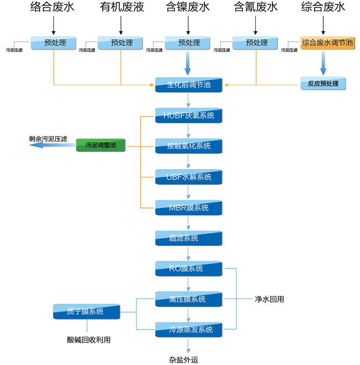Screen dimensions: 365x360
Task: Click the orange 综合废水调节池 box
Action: pyautogui.click(x=327, y=43)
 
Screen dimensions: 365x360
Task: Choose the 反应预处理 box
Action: pyautogui.click(x=323, y=84)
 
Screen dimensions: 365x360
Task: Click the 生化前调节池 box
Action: pyautogui.click(x=189, y=85)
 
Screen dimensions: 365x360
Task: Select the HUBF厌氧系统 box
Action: pyautogui.click(x=189, y=115)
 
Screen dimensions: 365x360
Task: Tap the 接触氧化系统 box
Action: pyautogui.click(x=189, y=146)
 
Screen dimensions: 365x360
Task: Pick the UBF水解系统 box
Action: pyautogui.click(x=189, y=177)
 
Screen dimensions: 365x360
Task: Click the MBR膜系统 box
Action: pyautogui.click(x=189, y=208)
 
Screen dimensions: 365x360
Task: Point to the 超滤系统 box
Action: pyautogui.click(x=189, y=238)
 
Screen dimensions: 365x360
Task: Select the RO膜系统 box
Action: pyautogui.click(x=189, y=268)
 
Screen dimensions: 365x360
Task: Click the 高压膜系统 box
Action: pyautogui.click(x=189, y=299)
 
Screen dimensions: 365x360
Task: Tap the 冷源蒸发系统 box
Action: pyautogui.click(x=189, y=330)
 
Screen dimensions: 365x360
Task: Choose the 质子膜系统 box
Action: pyautogui.click(x=86, y=312)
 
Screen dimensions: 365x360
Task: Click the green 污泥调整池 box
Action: pyautogui.click(x=101, y=145)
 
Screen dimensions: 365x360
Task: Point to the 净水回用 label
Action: pyautogui.click(x=269, y=300)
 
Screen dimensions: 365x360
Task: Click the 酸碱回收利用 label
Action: pyautogui.click(x=89, y=340)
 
